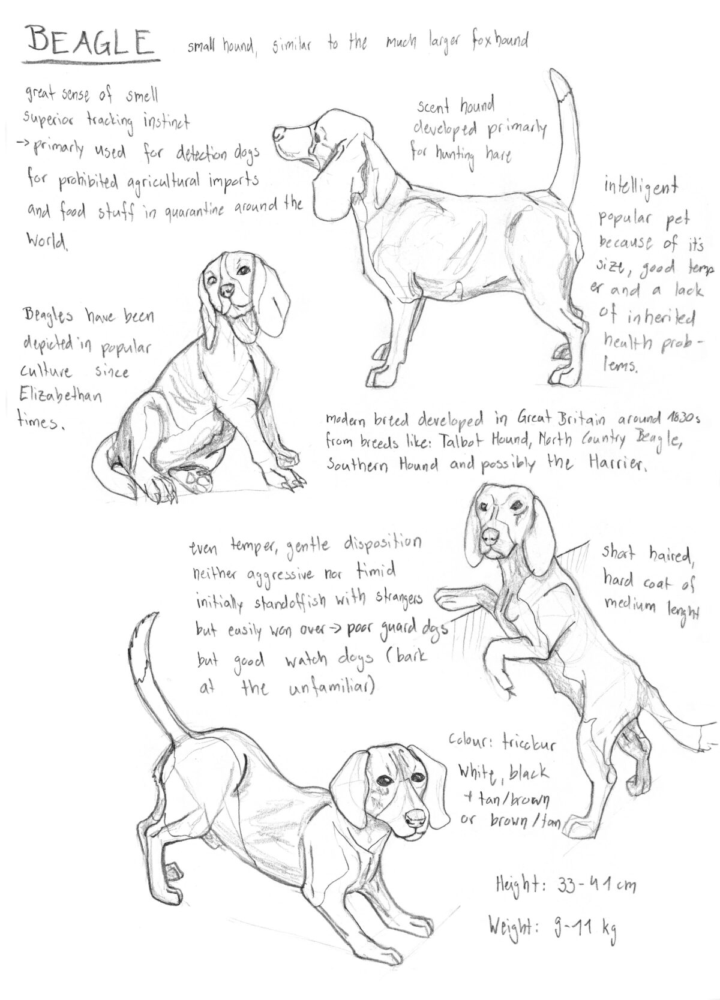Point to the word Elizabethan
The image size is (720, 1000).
(x=60, y=397)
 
